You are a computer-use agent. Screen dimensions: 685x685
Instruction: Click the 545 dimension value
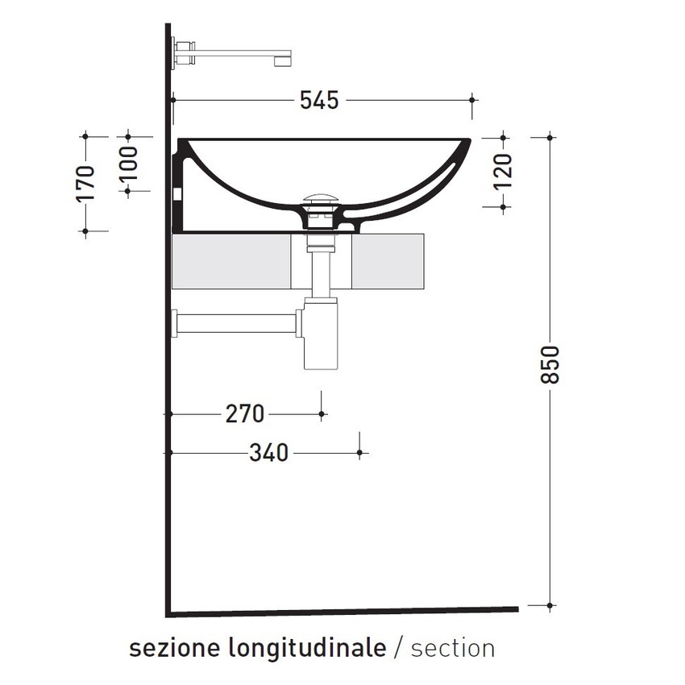tap(319, 101)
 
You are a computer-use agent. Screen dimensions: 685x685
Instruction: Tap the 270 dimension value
tap(245, 414)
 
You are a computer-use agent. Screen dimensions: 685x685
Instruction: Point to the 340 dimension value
tap(268, 454)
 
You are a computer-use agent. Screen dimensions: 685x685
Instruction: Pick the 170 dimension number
tap(85, 183)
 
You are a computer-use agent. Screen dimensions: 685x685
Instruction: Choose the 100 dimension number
tap(129, 164)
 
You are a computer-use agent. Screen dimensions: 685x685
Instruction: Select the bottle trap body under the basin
tap(319, 338)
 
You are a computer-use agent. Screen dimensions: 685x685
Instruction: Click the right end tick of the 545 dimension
tap(473, 101)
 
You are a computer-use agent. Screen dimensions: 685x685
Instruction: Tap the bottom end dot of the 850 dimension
tap(550, 604)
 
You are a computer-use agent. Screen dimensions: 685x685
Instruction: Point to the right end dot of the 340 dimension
tap(359, 454)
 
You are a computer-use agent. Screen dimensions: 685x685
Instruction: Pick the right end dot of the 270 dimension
tap(322, 414)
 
